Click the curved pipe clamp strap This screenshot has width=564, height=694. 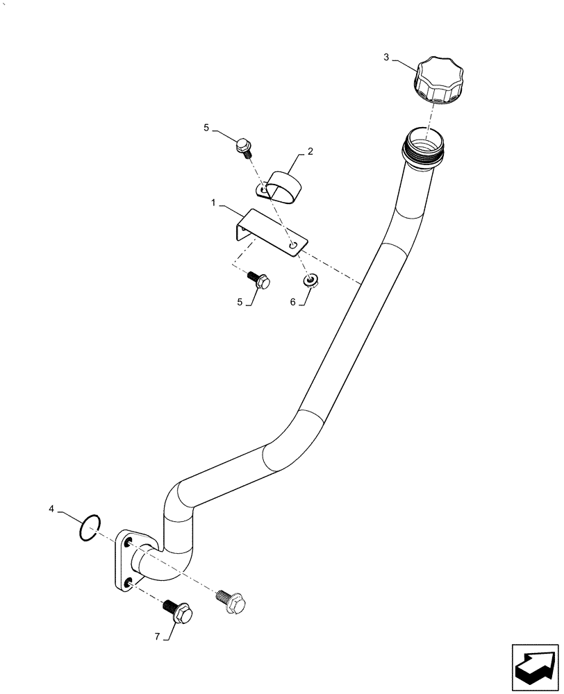(x=280, y=187)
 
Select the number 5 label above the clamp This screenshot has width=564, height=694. (x=206, y=128)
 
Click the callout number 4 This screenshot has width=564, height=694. (x=51, y=509)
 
